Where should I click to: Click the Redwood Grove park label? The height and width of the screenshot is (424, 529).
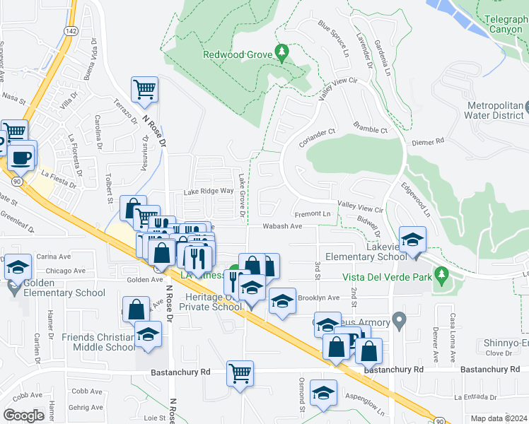click(237, 54)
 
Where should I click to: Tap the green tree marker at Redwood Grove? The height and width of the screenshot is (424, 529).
click(282, 52)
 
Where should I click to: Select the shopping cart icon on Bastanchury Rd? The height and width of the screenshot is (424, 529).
click(240, 372)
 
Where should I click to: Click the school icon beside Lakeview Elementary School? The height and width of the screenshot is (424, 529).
click(412, 239)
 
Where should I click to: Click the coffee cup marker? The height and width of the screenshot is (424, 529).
click(21, 156)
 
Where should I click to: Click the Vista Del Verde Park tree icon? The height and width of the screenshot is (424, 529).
click(441, 273)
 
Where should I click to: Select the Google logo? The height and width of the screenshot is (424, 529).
click(23, 416)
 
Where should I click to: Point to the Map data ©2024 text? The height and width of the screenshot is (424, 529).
click(498, 418)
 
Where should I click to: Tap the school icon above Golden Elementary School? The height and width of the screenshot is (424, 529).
click(19, 266)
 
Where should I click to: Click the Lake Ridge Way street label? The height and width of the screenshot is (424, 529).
click(208, 191)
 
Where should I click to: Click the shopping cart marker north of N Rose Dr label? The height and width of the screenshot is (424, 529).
click(144, 90)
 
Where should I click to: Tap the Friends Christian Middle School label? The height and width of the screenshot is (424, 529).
click(98, 342)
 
